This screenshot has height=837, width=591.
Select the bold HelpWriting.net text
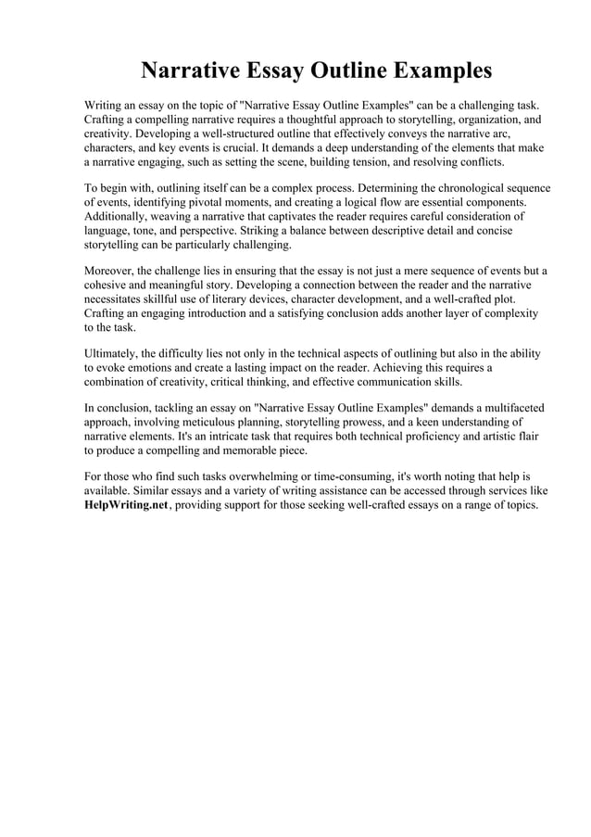tap(126, 505)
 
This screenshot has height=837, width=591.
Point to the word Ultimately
tap(114, 353)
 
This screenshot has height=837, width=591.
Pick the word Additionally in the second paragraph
tap(118, 215)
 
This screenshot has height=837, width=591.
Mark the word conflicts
tap(480, 160)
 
